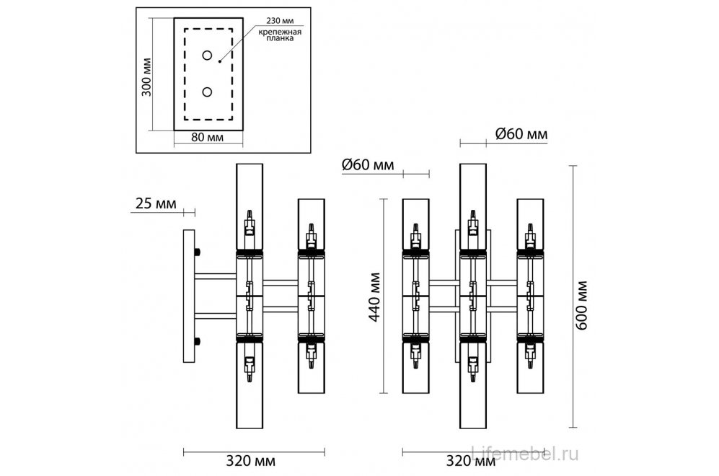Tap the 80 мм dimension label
point(207,137)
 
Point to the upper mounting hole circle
point(207,56)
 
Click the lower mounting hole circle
point(207,92)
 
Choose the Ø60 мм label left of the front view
point(368,166)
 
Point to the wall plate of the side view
point(189,296)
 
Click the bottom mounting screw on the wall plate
point(198,340)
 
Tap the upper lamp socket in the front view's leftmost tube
point(415,236)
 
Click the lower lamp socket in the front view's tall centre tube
point(472,369)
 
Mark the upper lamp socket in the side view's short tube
point(311,237)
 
